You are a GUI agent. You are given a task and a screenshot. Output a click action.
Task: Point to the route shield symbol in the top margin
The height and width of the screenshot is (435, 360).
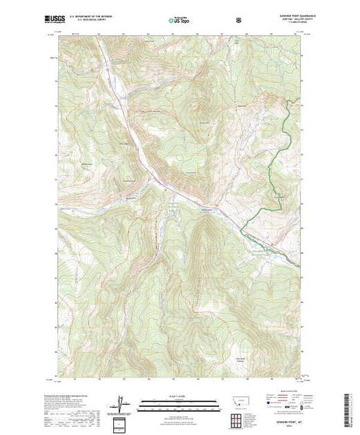click(x=239, y=21)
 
